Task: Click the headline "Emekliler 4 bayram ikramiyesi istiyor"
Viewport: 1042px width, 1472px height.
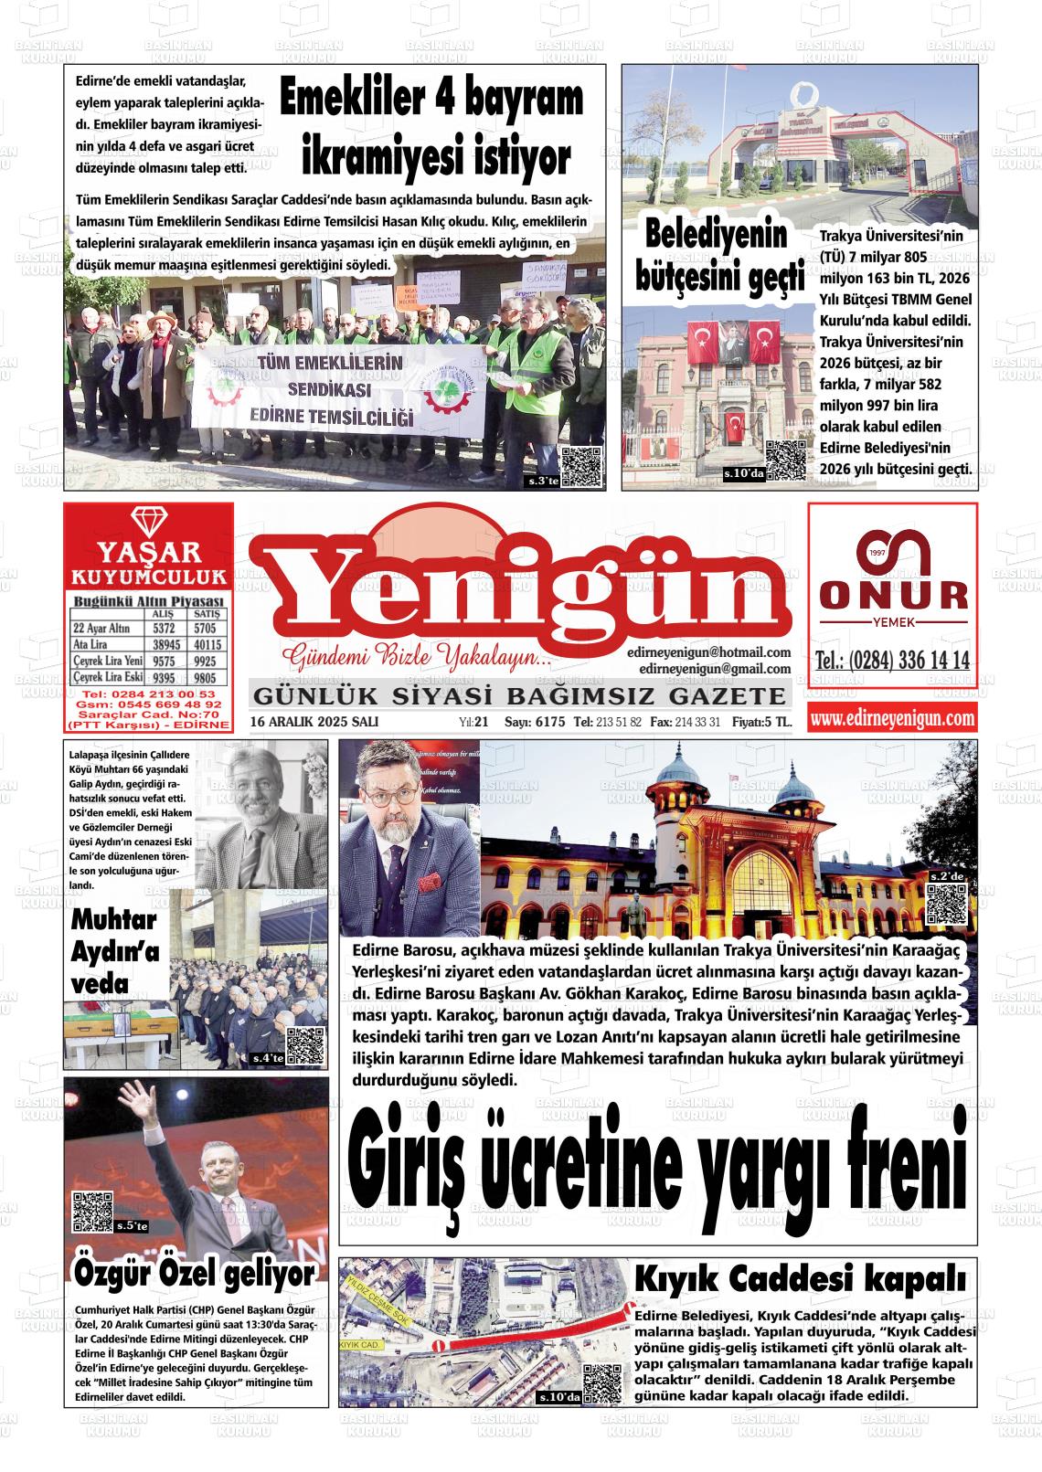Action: (x=431, y=129)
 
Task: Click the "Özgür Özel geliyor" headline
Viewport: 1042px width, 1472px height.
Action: (x=194, y=1273)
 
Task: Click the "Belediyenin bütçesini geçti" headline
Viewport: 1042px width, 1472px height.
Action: (x=718, y=257)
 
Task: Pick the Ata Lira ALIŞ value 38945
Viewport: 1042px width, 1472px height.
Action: (x=165, y=644)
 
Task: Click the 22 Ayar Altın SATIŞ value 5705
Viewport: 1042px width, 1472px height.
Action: (x=205, y=629)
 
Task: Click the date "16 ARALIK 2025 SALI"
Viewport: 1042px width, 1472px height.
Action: (x=314, y=722)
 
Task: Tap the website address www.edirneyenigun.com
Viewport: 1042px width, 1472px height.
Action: (x=892, y=719)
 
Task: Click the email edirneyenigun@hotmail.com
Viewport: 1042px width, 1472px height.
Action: (x=709, y=652)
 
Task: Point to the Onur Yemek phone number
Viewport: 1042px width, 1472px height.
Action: (x=892, y=662)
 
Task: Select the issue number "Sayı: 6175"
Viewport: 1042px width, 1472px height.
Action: (x=536, y=722)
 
